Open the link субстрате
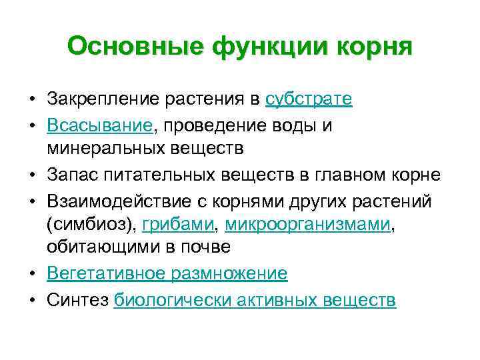309,99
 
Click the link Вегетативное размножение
167,273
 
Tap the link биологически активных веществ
255,300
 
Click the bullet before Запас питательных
32,175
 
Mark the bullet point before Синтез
32,300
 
